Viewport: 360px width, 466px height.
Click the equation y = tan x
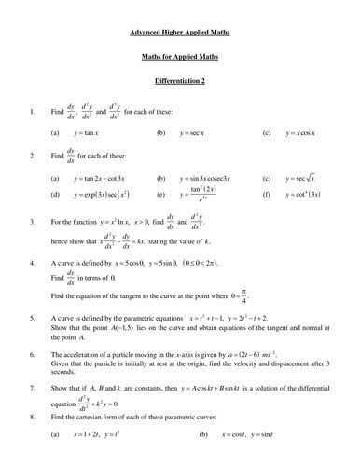pos(90,133)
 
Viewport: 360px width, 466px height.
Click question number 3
pos(34,222)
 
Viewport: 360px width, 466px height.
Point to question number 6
pos(34,357)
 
